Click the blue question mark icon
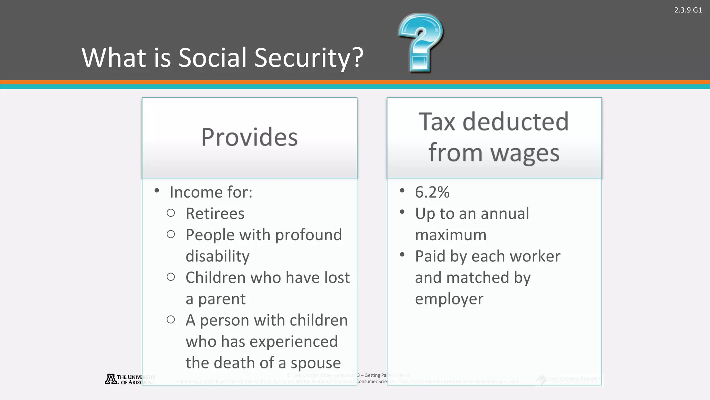tap(420, 42)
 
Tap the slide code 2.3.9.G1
tap(688, 10)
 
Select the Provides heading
tap(249, 137)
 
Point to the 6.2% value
tap(432, 192)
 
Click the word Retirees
tap(215, 214)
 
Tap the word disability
tap(217, 256)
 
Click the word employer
tap(449, 299)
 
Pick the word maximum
tap(451, 235)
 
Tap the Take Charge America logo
tap(569, 380)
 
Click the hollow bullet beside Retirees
tap(171, 213)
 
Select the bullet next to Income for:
tap(157, 190)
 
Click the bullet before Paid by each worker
tap(402, 255)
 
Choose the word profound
tap(309, 235)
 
